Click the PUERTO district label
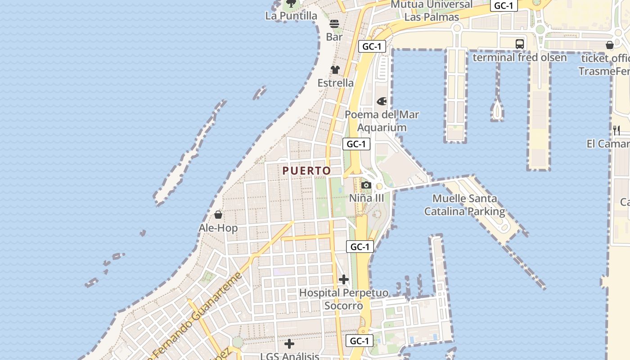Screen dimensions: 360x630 (306, 171)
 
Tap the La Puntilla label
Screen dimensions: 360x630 (291, 16)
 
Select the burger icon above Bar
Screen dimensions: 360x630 (334, 24)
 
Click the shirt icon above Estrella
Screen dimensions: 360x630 (335, 70)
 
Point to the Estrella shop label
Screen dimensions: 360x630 (336, 83)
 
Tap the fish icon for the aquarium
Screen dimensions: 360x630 (382, 101)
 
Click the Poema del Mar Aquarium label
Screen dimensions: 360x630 (382, 121)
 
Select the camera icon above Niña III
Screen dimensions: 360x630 (366, 185)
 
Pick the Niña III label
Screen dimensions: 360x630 (367, 198)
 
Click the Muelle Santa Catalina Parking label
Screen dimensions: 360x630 (465, 205)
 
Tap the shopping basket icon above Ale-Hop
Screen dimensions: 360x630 (218, 215)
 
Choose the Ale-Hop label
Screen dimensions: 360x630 (218, 228)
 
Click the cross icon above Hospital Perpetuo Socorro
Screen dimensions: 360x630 (344, 279)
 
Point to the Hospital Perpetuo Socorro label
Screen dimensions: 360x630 (344, 299)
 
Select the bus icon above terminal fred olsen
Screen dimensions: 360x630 (520, 44)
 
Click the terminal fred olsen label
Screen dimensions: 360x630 (520, 58)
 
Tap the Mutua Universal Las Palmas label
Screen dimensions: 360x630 (432, 11)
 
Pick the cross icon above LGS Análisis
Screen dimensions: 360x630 (289, 344)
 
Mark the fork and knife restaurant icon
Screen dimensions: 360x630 (616, 130)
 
